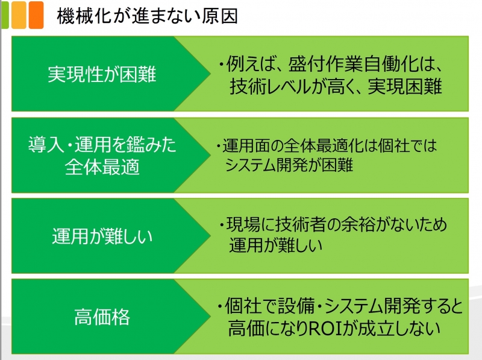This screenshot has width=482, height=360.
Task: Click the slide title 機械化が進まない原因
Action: click(147, 16)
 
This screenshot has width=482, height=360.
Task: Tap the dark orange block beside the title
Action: click(36, 14)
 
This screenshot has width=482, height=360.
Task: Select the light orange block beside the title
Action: click(19, 14)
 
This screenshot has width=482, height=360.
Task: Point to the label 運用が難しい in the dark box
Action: click(102, 236)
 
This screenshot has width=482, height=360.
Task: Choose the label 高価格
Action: click(102, 317)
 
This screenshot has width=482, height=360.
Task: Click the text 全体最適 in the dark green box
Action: click(102, 167)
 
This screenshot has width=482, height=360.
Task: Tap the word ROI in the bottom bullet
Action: click(326, 328)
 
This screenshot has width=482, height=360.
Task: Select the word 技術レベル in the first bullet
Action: click(271, 86)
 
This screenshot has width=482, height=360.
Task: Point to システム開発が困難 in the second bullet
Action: click(289, 165)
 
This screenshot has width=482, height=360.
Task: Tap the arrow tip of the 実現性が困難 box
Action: click(210, 74)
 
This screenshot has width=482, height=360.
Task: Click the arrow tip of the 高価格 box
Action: click(210, 317)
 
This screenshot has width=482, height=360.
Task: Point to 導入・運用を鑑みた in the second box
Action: click(102, 145)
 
